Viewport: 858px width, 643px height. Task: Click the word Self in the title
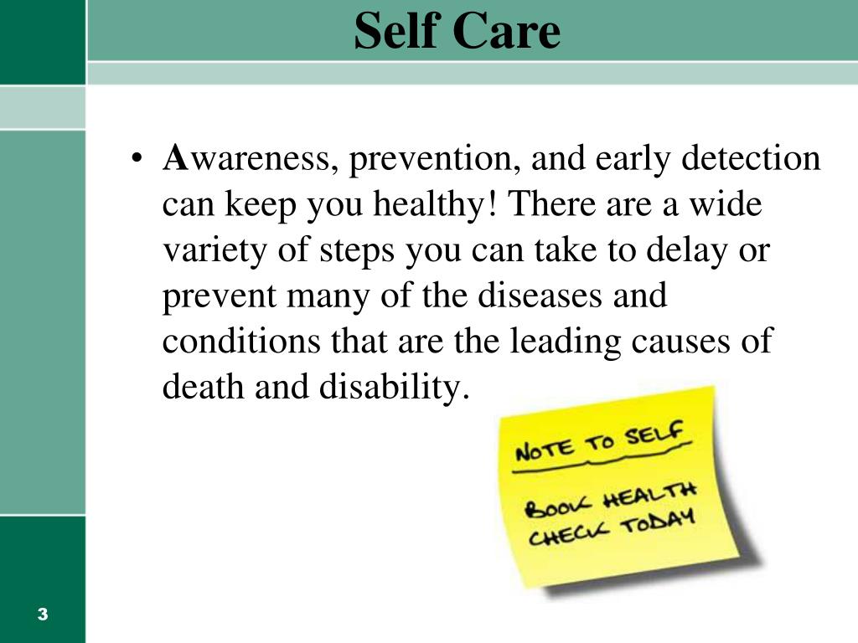(x=397, y=32)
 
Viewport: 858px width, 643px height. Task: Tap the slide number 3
(x=43, y=615)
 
